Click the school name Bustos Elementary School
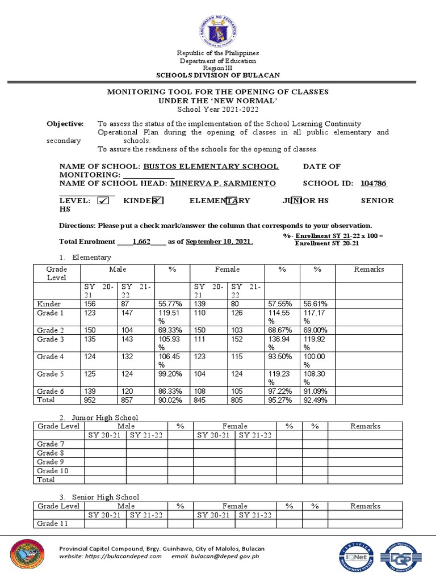click(211, 166)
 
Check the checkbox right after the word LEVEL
click(103, 200)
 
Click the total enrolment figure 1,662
click(141, 241)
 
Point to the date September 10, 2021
click(219, 241)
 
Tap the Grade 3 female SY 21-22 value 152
click(238, 339)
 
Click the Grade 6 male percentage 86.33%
click(168, 391)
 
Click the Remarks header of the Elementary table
click(369, 270)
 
